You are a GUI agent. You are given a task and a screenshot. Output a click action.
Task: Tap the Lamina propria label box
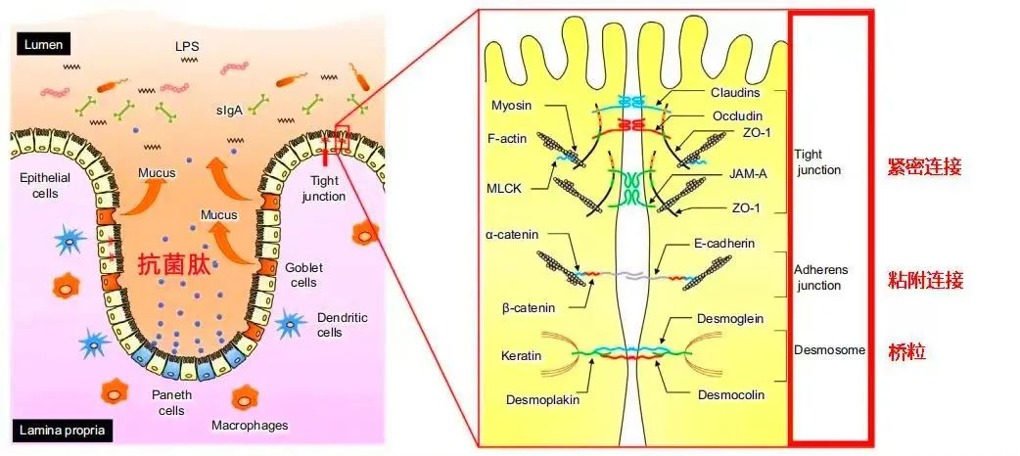pos(62,430)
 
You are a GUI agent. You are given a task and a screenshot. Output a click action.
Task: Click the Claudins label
pos(733,93)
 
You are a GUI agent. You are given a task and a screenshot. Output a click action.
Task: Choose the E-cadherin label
pos(737,244)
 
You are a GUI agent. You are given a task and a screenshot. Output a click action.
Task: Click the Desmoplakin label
pos(544,398)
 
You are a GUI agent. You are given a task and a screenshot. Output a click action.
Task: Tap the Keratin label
pos(521,355)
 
